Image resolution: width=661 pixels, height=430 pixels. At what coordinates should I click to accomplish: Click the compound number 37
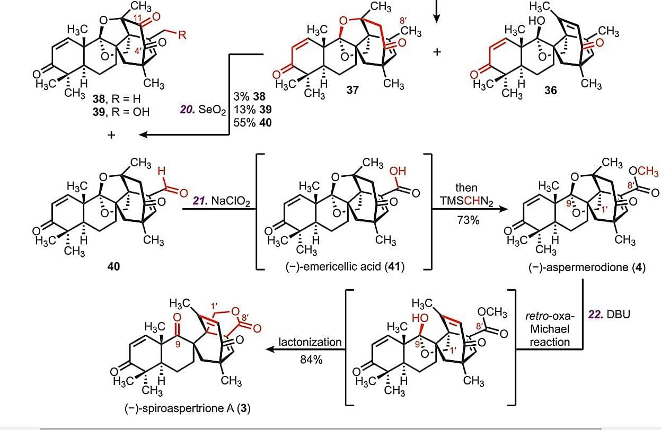pos(352,91)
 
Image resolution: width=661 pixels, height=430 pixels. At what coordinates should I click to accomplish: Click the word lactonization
pos(311,342)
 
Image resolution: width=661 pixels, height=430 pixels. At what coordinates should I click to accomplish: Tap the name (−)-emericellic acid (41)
pos(345,267)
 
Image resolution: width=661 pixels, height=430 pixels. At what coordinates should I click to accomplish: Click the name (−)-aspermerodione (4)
pos(587,267)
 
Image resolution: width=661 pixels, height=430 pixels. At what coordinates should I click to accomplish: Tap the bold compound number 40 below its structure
pos(113,266)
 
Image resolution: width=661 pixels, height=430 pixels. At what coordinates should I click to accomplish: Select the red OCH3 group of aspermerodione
pos(644,172)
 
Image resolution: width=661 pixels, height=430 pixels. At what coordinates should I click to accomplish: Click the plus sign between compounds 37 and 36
pos(437,53)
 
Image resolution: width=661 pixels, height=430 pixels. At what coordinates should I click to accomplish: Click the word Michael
pos(550,329)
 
